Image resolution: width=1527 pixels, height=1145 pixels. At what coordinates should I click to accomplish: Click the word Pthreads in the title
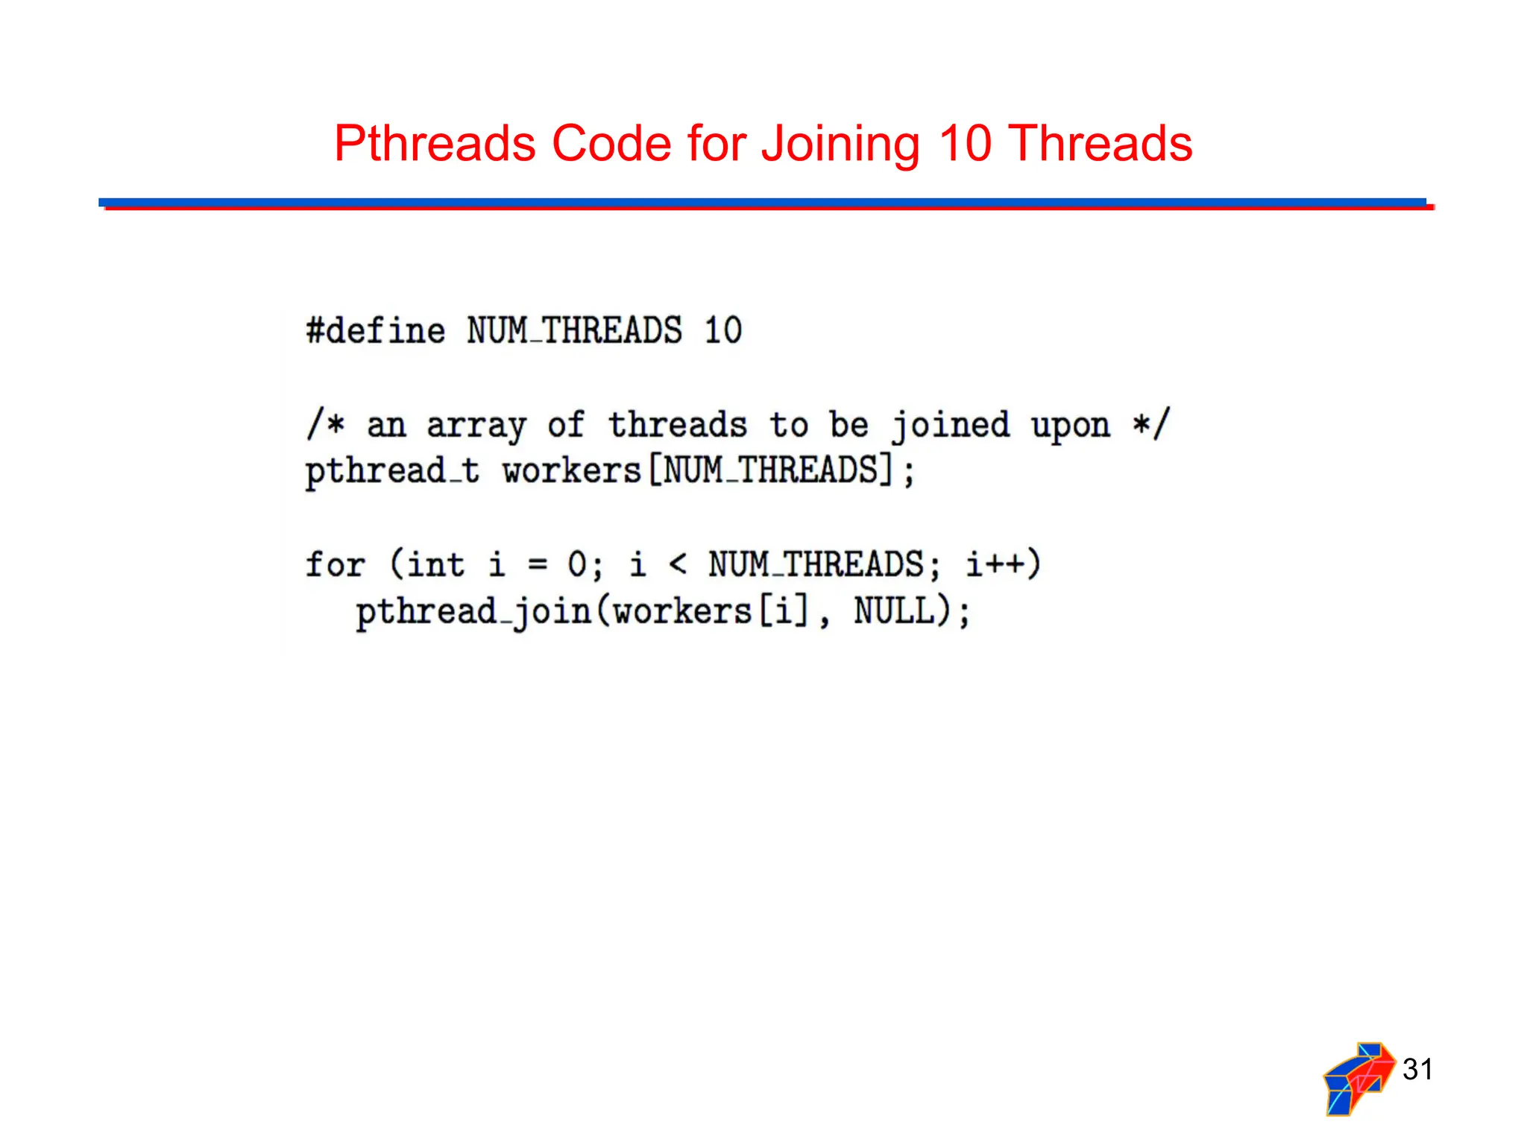pyautogui.click(x=434, y=145)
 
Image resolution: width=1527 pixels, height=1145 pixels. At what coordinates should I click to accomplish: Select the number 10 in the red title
pyautogui.click(x=965, y=143)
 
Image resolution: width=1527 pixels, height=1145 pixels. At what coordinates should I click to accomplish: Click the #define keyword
pyautogui.click(x=376, y=331)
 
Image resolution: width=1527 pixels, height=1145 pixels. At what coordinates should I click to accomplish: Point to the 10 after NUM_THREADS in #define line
pyautogui.click(x=722, y=331)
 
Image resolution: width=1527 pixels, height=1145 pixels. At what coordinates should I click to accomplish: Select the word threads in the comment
pyautogui.click(x=677, y=425)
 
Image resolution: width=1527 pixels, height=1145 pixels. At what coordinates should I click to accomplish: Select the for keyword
pyautogui.click(x=336, y=564)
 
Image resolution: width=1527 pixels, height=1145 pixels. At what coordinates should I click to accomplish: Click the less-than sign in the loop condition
pyautogui.click(x=677, y=564)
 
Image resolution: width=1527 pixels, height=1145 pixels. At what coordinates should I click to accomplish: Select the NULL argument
pyautogui.click(x=895, y=611)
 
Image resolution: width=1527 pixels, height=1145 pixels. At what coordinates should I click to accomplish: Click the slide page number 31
pyautogui.click(x=1417, y=1070)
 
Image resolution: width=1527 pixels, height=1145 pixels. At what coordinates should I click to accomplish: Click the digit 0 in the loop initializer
pyautogui.click(x=577, y=564)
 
